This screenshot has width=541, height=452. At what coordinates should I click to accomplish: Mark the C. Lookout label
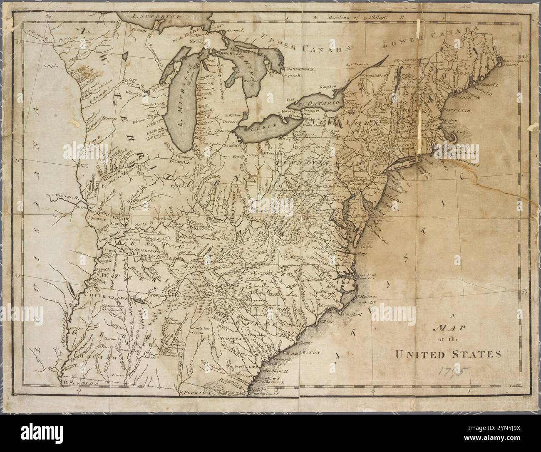click(352, 315)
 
